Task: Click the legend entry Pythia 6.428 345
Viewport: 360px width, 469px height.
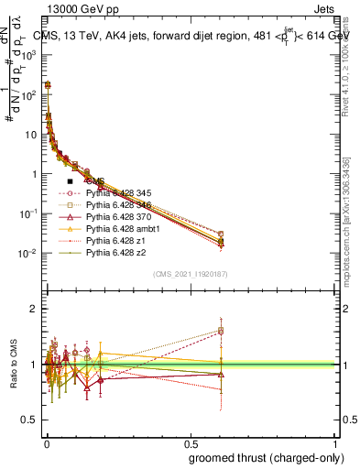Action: point(116,194)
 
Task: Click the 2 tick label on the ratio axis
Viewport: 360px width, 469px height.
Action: point(31,309)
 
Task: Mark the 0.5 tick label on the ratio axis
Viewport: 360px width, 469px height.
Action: point(27,420)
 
